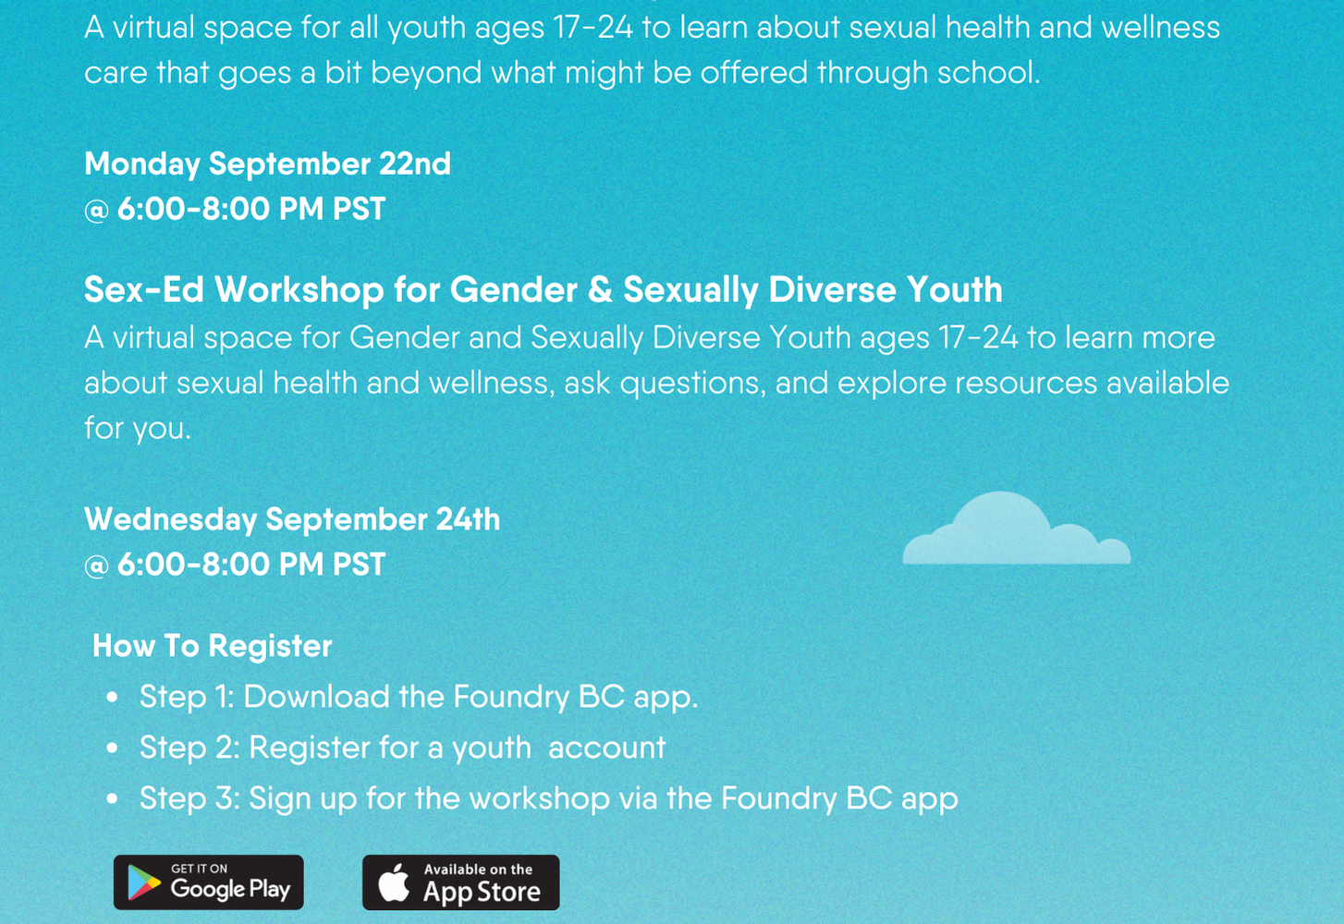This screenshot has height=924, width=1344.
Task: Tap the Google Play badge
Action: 208,882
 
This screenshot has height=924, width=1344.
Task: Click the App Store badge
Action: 461,882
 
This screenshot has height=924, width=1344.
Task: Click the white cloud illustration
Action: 1017,529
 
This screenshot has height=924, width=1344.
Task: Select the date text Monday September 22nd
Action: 268,164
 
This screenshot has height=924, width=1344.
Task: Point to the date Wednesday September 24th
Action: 292,519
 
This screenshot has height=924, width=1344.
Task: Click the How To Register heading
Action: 213,646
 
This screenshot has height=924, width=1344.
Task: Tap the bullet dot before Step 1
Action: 112,698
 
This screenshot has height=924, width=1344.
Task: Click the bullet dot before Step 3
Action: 112,798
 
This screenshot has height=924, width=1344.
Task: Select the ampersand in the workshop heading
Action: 600,289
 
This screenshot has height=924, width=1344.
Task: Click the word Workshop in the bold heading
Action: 299,289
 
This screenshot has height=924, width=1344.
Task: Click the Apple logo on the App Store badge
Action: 394,882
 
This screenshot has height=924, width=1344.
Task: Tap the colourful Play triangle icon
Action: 144,882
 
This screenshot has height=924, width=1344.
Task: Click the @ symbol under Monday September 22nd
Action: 97,211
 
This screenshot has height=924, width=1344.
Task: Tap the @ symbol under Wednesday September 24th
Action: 97,566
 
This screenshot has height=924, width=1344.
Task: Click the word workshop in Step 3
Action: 540,798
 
